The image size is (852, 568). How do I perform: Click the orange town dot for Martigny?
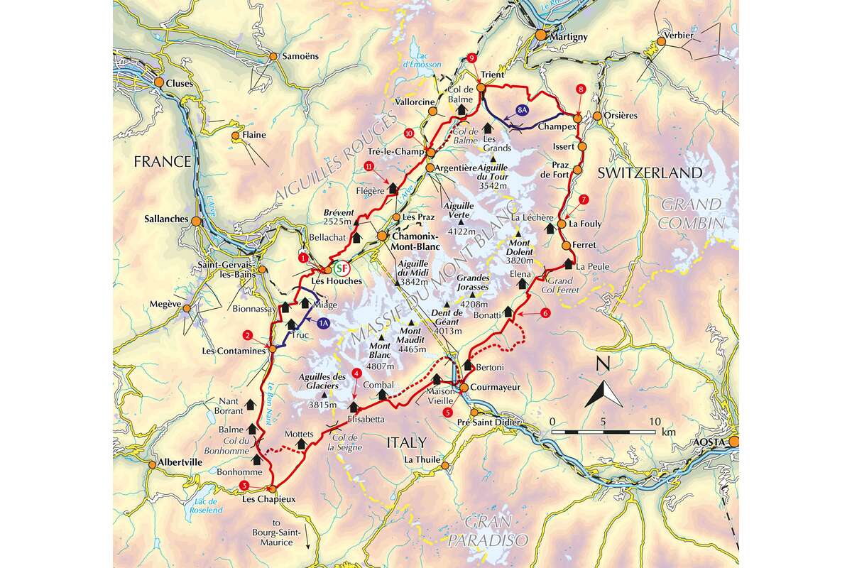click(x=540, y=35)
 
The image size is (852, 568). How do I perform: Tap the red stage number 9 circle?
click(x=472, y=58)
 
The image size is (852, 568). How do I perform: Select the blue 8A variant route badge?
click(x=523, y=111)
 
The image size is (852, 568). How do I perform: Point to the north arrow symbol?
click(x=603, y=393)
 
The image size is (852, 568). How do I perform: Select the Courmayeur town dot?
click(x=463, y=388)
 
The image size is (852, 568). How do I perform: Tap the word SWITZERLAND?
click(x=650, y=173)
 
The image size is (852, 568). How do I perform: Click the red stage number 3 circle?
click(x=244, y=486)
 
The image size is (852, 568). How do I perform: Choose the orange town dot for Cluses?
click(x=159, y=83)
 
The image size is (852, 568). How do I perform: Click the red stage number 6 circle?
click(x=545, y=312)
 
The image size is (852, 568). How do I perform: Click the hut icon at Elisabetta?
click(x=354, y=406)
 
